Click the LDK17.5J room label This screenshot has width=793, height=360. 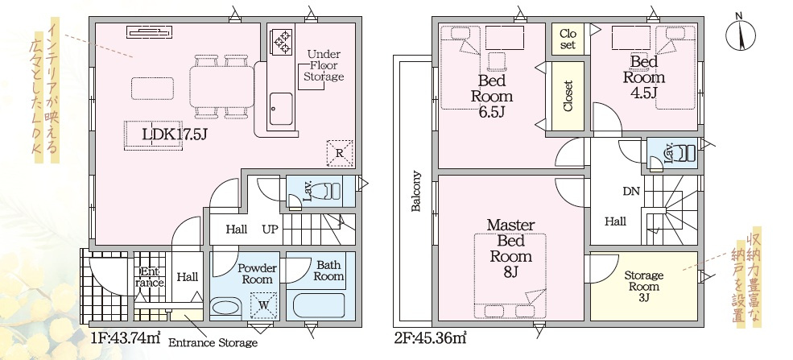pos(175,134)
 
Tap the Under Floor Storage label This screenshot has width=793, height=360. pos(324,64)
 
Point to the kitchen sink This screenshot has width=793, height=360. pos(281,106)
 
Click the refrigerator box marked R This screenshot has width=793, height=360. pos(340,151)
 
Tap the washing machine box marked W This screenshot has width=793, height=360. pos(262,304)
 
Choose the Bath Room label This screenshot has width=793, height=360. pos(328,270)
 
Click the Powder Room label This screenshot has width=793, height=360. pos(257,273)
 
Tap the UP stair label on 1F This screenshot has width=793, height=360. pos(270,229)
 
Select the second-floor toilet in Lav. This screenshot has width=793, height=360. pos(684,153)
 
